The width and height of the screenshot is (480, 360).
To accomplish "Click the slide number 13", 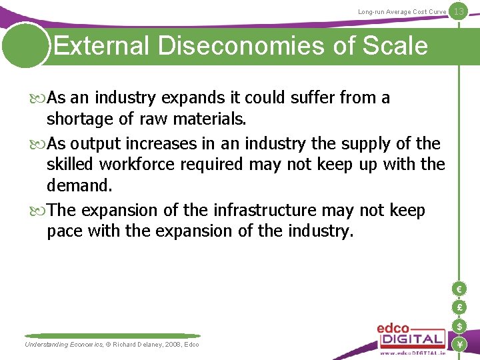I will tap(458, 11).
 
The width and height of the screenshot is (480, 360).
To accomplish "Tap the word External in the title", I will tap(101, 46).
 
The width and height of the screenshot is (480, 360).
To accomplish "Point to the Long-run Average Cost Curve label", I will tap(402, 12).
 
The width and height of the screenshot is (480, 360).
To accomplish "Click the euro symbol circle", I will tap(459, 289).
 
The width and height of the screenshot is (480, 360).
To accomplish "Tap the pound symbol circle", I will tap(459, 307).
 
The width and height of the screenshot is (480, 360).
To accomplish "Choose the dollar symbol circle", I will tap(459, 326).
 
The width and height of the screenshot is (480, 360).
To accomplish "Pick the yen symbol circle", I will tap(459, 344).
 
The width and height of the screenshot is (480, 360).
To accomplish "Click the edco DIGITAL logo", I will tap(409, 337).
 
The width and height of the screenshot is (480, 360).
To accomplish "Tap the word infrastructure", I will tap(265, 210).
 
